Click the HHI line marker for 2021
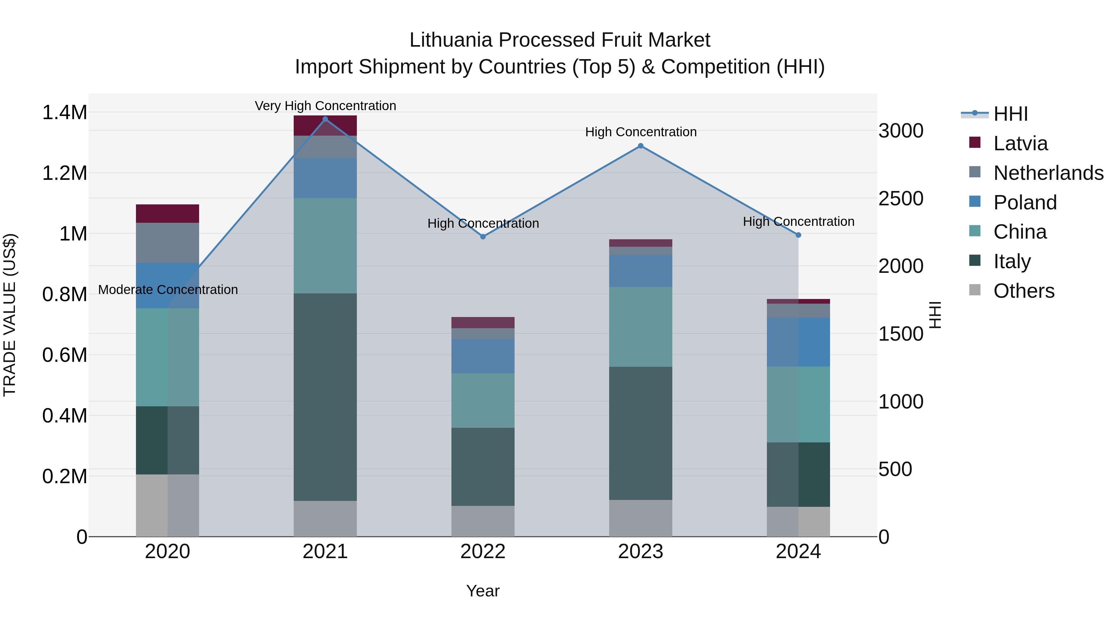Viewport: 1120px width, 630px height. [325, 119]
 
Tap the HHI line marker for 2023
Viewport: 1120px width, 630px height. [641, 146]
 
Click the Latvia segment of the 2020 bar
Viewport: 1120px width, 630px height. [167, 213]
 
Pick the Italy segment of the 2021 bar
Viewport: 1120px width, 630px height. [325, 397]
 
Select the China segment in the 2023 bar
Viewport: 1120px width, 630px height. [641, 327]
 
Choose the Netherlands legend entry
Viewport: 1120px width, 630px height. [1048, 173]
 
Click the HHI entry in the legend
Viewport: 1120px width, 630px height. [1010, 114]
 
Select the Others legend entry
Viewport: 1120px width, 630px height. [1024, 291]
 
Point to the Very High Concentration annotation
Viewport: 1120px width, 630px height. [325, 106]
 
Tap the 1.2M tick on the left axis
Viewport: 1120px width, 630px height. [64, 173]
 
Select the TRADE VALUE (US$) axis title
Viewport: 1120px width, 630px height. [10, 315]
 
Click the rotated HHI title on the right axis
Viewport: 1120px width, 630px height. [935, 315]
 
